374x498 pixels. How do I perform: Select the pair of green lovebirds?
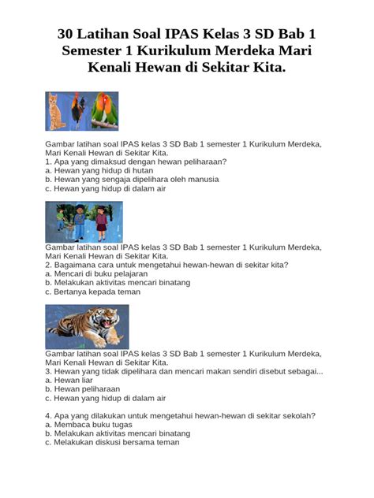(x=104, y=110)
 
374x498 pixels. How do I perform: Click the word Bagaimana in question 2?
(x=77, y=265)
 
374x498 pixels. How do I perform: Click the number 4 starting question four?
(x=47, y=415)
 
